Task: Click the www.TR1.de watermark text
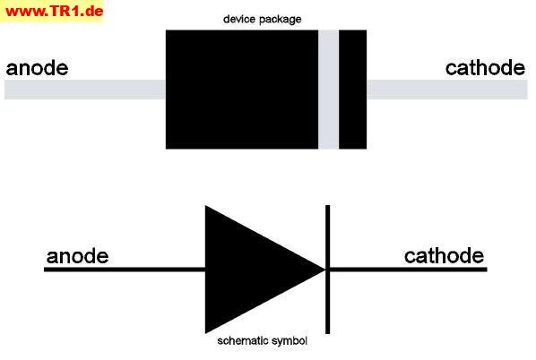[x=55, y=12]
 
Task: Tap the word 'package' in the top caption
[x=280, y=20]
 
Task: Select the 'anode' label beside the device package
[x=37, y=68]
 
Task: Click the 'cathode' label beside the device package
[x=485, y=68]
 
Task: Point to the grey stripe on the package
[x=329, y=90]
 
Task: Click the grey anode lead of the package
[x=85, y=90]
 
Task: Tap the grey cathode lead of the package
[x=447, y=90]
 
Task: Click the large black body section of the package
[x=242, y=90]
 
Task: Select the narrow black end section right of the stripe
[x=353, y=90]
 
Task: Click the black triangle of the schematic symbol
[x=253, y=270]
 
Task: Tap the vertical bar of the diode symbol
[x=327, y=270]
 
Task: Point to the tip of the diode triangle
[x=324, y=270]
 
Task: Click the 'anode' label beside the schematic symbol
[x=78, y=256]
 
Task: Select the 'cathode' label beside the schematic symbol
[x=444, y=256]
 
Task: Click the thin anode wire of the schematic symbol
[x=125, y=270]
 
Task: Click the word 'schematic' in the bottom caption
[x=242, y=340]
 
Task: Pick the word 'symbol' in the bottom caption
[x=289, y=341]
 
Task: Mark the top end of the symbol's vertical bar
[x=327, y=205]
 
